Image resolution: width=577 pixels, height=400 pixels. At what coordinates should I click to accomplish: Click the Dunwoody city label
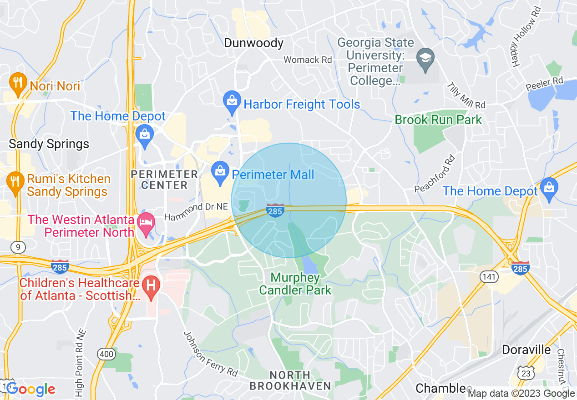(253, 43)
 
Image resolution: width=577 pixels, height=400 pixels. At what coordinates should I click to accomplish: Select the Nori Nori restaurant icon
(17, 83)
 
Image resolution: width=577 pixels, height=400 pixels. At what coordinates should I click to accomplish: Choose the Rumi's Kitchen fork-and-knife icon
(16, 182)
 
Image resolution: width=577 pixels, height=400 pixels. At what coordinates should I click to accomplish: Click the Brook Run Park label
(438, 120)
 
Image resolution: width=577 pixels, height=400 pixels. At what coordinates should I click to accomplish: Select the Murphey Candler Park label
(295, 283)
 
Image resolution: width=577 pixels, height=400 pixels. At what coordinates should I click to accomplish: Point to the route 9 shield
(18, 247)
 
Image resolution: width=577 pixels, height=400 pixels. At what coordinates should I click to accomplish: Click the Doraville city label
(526, 350)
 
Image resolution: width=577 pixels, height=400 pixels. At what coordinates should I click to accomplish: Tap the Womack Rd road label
(308, 60)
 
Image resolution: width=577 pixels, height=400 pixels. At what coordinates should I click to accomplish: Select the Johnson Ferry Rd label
(210, 354)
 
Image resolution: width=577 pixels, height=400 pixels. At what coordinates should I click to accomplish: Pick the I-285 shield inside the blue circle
(275, 210)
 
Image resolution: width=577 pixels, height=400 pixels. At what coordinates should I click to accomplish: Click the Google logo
(30, 389)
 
